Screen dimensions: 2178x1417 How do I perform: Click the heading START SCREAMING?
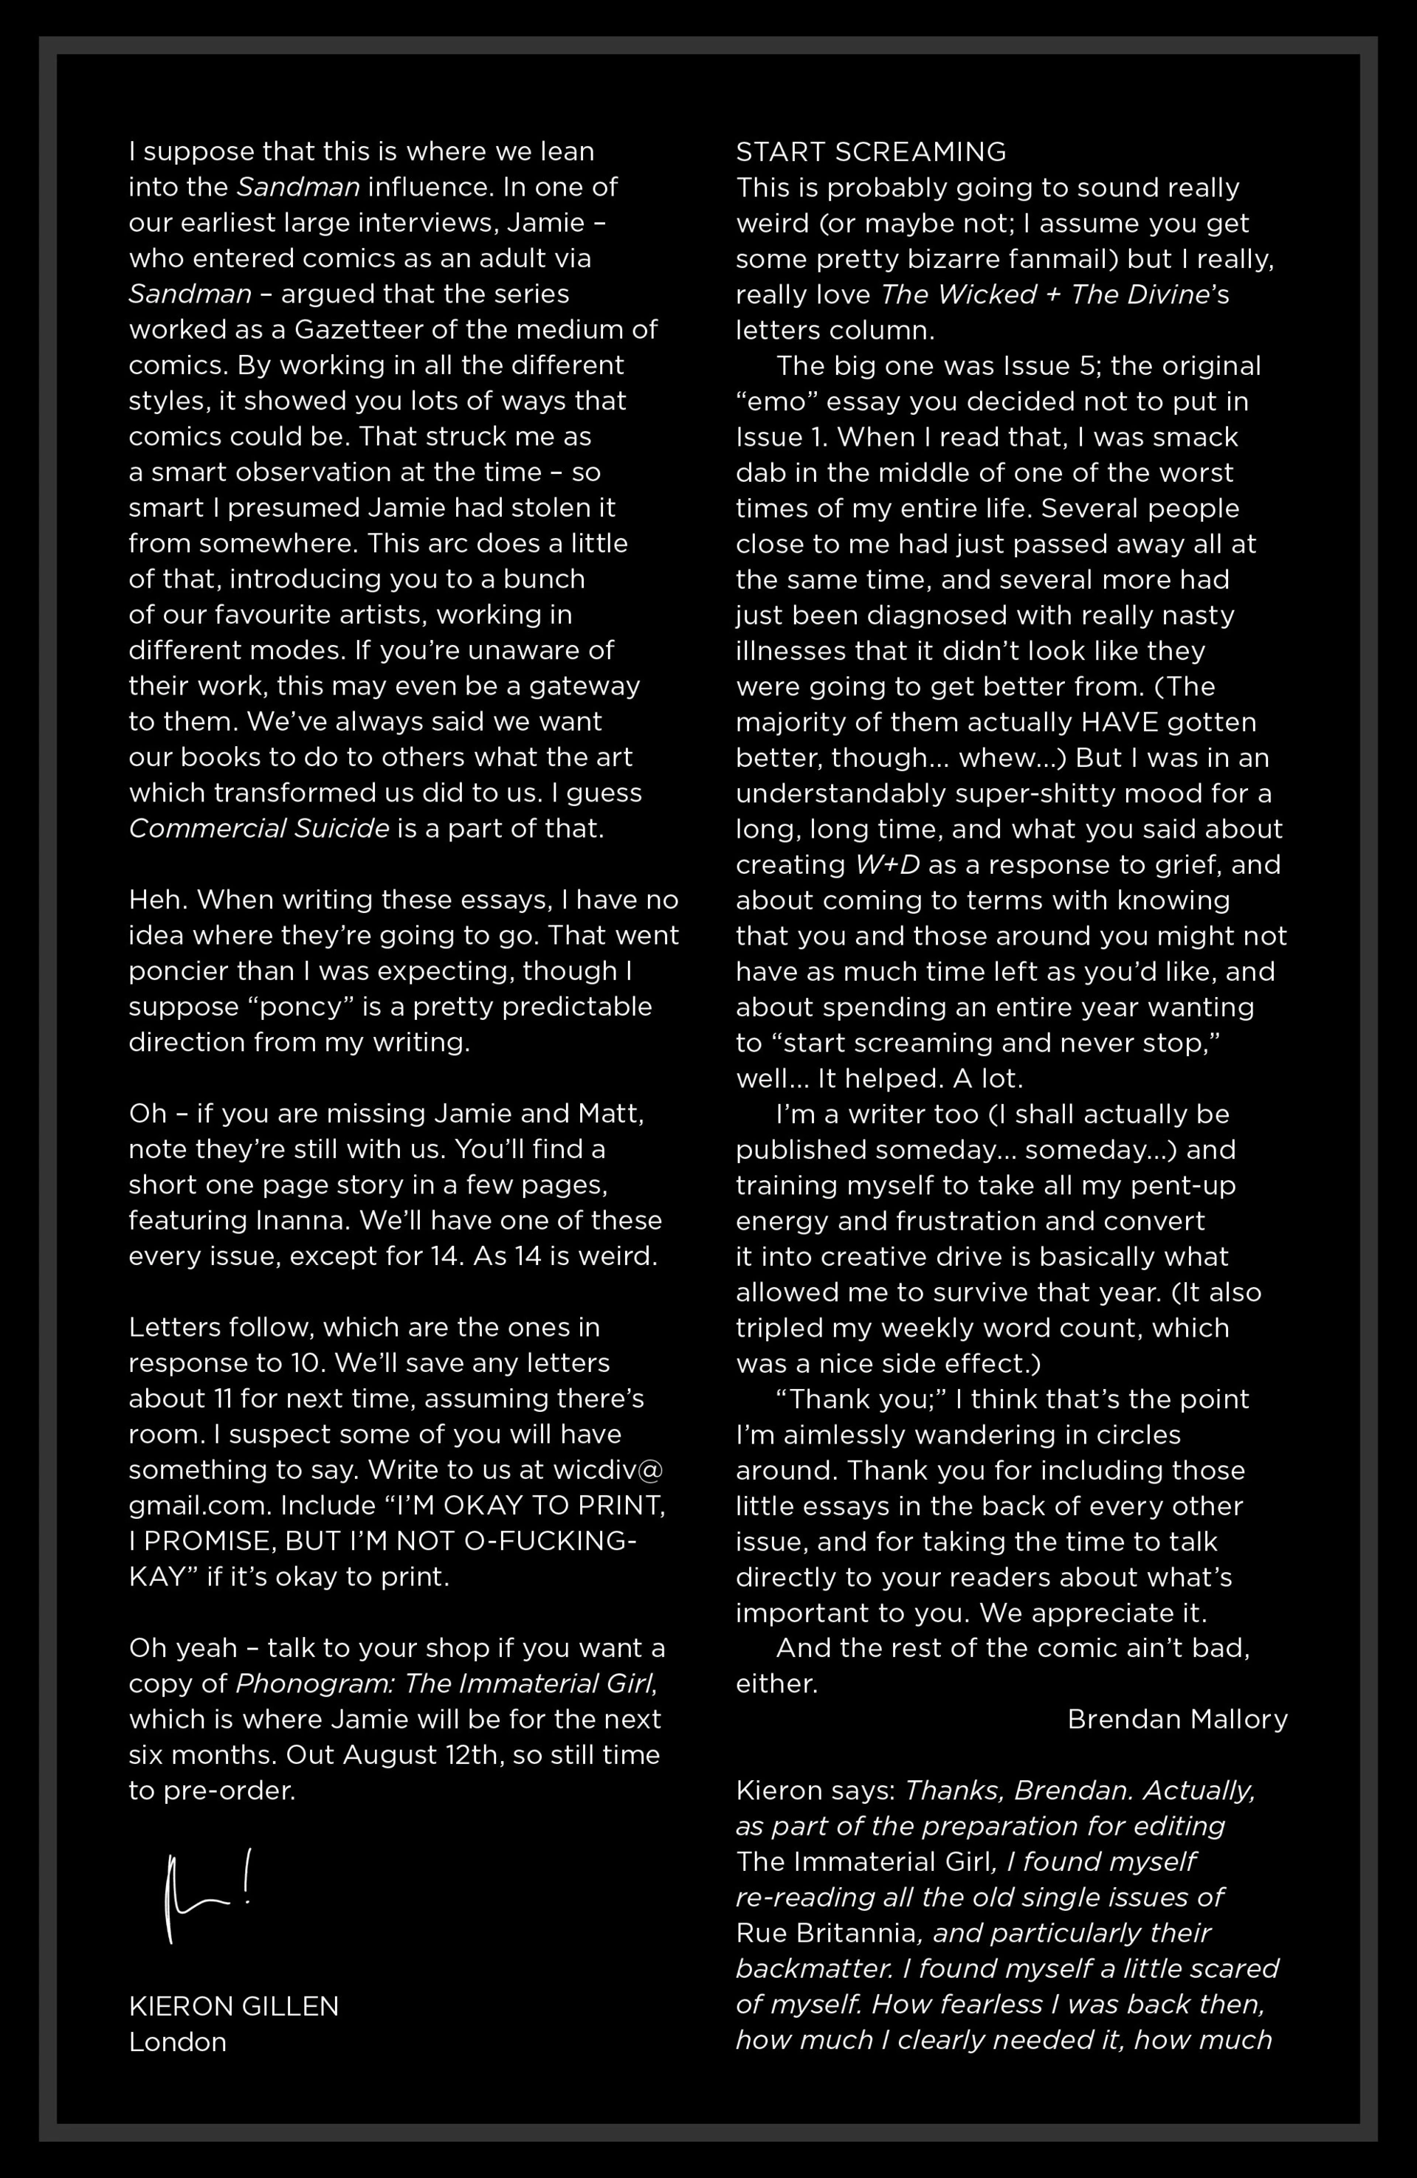871,151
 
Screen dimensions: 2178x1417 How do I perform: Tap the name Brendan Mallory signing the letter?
1177,1720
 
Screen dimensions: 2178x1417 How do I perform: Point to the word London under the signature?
178,2041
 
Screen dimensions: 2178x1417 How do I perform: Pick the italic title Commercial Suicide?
259,828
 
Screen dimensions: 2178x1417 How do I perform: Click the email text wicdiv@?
608,1469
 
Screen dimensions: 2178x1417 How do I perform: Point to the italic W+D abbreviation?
887,864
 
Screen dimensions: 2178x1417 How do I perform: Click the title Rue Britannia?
826,1933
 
